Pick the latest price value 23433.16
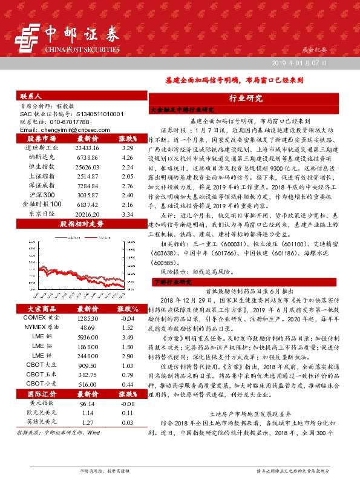coord(87,147)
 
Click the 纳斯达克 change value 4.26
coord(127,157)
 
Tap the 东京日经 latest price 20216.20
coord(87,214)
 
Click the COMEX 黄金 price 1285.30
coord(87,318)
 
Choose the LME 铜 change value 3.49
coord(127,336)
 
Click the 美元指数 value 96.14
coord(87,403)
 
